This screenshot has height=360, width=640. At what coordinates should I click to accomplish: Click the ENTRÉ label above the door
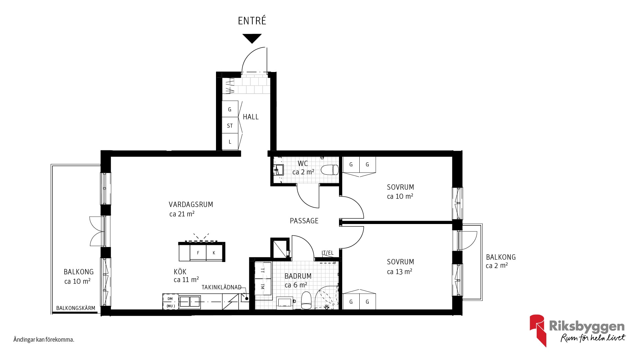252,21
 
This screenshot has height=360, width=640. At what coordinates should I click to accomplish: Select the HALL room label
251,117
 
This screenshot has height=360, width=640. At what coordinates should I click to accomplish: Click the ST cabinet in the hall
230,126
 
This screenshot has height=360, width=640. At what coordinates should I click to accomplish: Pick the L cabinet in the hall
230,142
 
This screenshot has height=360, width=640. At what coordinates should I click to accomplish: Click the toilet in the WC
330,170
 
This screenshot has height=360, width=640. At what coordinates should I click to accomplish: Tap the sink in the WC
278,170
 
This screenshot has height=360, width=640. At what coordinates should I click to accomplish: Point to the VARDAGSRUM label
191,204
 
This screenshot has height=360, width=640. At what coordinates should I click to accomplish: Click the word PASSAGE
304,221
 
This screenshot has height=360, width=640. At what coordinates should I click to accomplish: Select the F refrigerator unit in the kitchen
198,253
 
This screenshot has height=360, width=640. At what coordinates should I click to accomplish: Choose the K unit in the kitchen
214,253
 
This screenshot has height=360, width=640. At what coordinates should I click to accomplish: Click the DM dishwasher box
170,299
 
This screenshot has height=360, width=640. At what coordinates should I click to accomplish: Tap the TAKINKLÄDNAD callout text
221,287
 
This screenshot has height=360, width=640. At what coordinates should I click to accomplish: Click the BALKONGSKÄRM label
76,308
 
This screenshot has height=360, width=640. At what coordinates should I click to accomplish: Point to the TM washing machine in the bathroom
263,286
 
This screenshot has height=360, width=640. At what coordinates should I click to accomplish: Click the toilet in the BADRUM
306,300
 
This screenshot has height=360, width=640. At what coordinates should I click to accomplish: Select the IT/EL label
327,253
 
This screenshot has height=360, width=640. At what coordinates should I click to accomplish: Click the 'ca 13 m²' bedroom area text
399,272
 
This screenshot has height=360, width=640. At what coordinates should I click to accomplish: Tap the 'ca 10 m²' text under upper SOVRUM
400,196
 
